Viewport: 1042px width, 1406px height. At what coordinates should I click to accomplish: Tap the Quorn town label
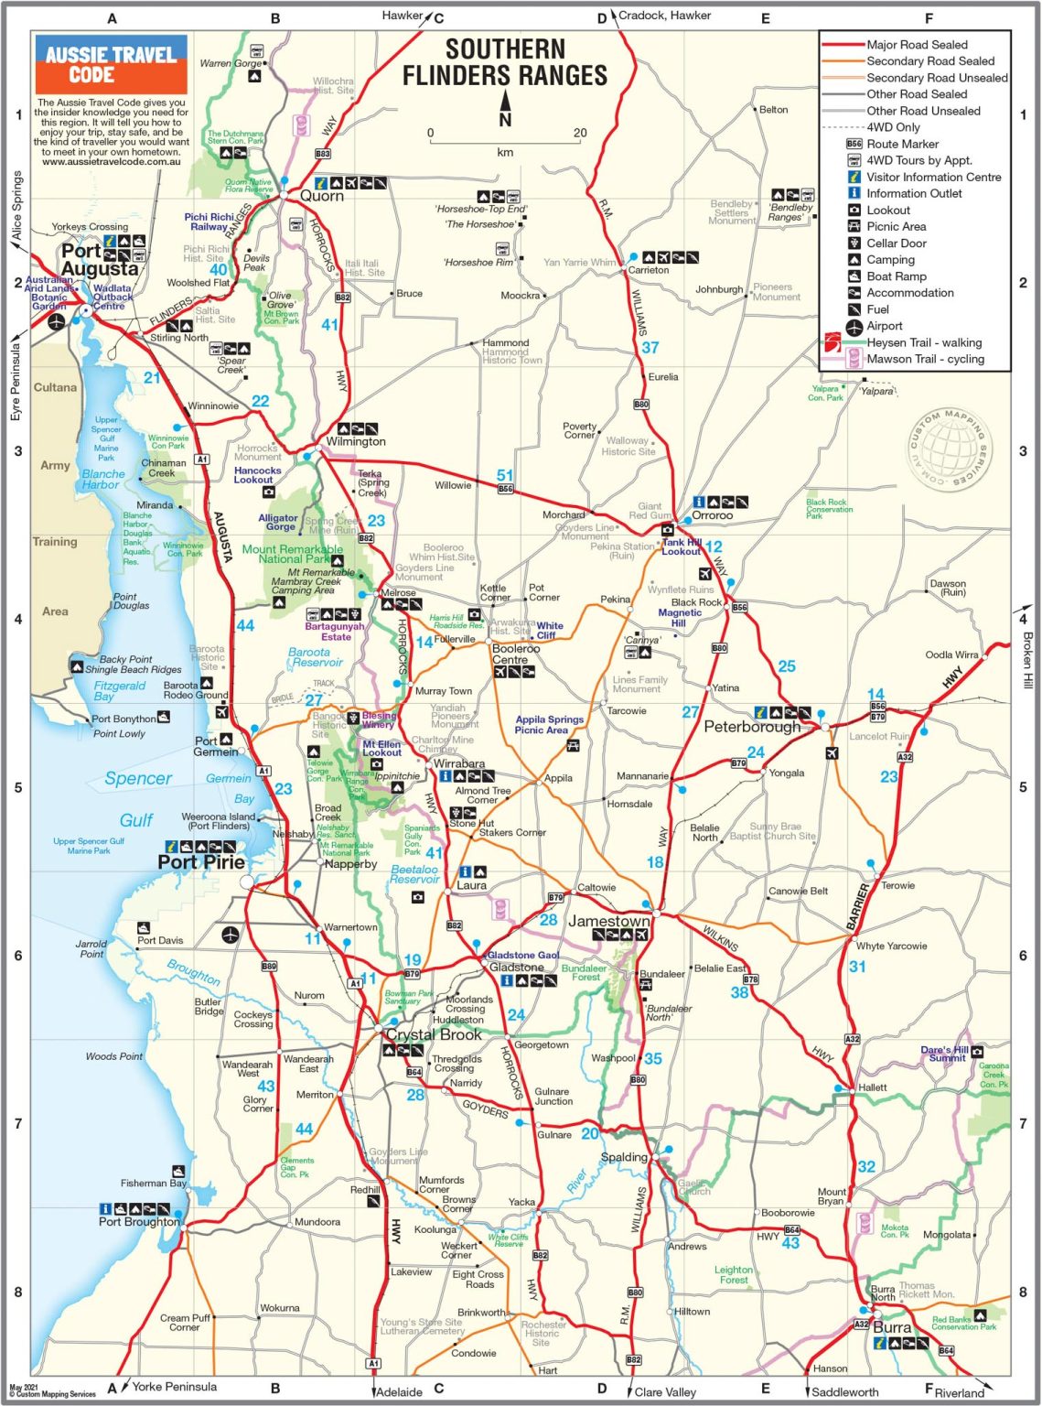(x=322, y=196)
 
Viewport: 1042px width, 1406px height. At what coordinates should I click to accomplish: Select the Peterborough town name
(x=751, y=727)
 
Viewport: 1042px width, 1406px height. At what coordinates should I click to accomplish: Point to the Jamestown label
(x=608, y=921)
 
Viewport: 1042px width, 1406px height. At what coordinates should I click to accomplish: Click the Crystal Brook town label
(x=433, y=1034)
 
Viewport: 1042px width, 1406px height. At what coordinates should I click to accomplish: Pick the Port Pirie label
(x=201, y=862)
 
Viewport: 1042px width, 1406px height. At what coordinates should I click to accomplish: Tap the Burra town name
(x=891, y=1327)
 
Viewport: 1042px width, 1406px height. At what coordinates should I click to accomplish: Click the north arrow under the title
(x=505, y=108)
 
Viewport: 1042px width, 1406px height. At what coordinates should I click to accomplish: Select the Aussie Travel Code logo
(x=111, y=64)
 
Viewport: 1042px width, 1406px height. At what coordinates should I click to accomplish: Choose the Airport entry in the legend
(x=884, y=326)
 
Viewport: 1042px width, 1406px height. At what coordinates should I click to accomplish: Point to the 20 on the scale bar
(x=580, y=133)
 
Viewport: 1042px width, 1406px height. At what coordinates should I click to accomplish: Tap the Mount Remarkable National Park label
(x=293, y=554)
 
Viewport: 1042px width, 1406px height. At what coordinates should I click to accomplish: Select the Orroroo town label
(x=712, y=515)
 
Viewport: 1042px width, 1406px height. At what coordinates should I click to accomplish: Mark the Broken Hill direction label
(x=1027, y=660)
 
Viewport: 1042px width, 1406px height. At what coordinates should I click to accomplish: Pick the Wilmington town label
(x=355, y=441)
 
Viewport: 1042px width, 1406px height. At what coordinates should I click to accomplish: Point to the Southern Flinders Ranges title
(x=505, y=62)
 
